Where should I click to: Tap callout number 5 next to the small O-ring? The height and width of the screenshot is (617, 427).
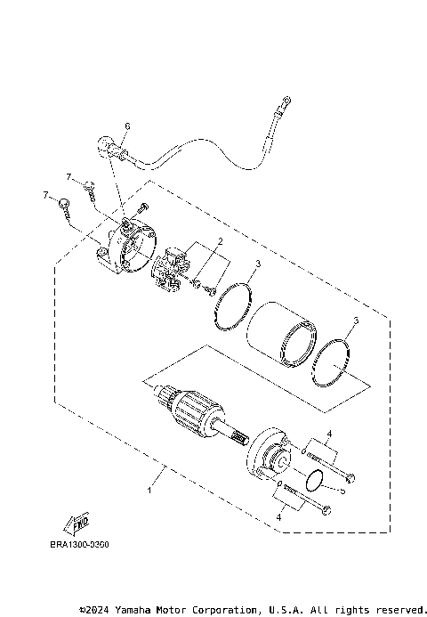pos(341,489)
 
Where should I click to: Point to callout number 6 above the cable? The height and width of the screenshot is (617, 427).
pos(126,127)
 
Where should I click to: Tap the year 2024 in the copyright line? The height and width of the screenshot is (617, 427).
pos(99,610)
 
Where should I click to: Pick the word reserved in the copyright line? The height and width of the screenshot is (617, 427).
pos(393,610)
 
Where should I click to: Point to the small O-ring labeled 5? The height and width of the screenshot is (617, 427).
pos(313,482)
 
